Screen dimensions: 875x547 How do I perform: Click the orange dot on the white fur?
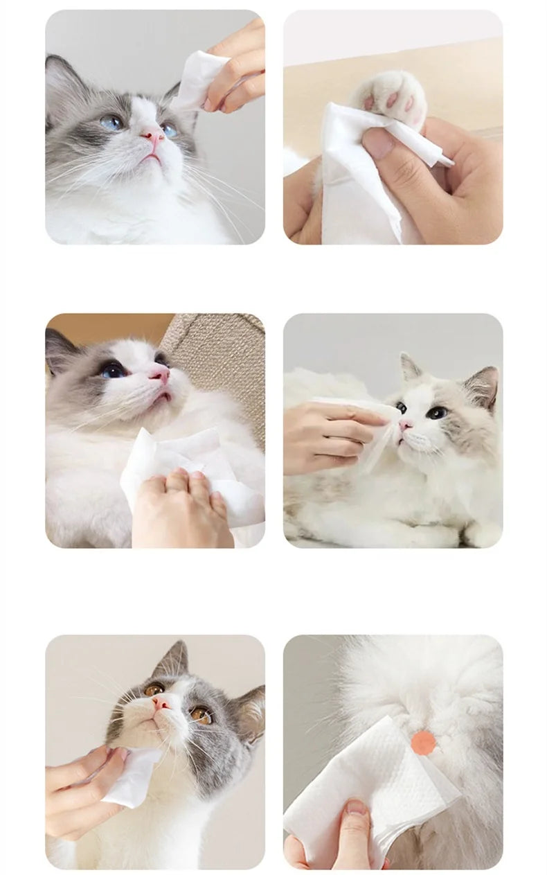coord(423,743)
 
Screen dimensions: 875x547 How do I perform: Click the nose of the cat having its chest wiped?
coord(161,375)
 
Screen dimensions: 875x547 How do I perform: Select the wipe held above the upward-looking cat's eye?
coord(197,80)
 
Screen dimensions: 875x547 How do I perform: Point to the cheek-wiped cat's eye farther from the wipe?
coord(436,413)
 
